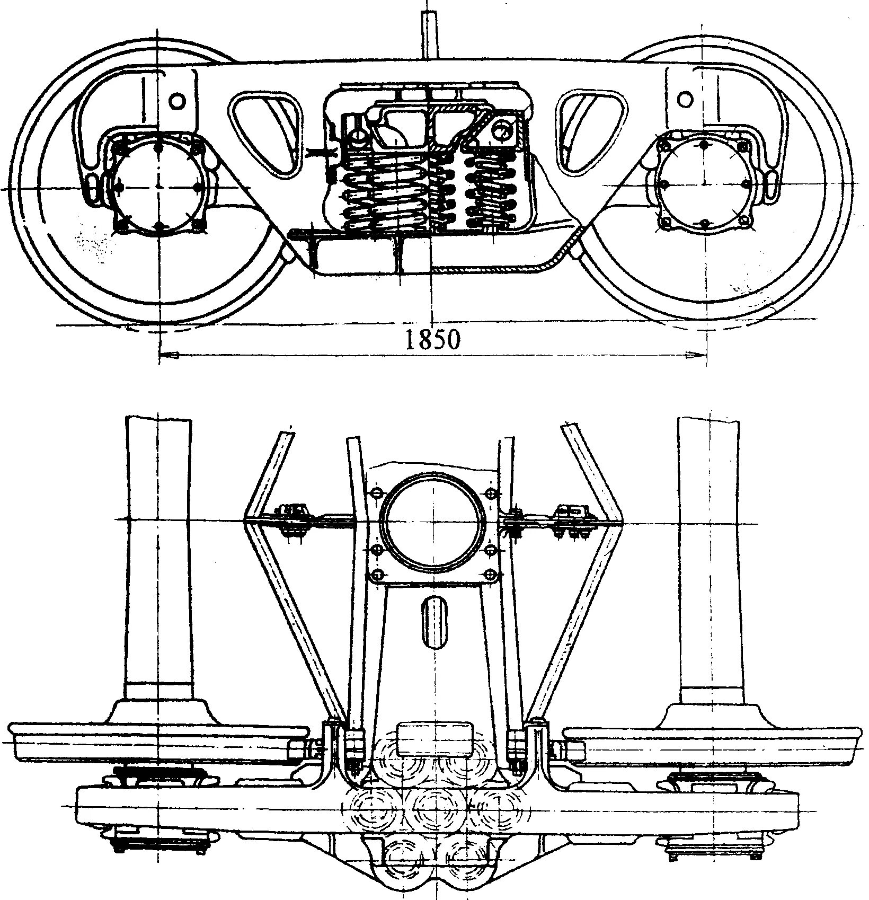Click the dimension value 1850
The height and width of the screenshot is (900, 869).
pyautogui.click(x=432, y=339)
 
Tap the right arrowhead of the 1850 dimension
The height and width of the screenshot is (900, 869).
pyautogui.click(x=697, y=355)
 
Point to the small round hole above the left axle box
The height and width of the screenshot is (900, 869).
pyautogui.click(x=177, y=100)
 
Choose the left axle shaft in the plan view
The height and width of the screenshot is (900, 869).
pyautogui.click(x=158, y=557)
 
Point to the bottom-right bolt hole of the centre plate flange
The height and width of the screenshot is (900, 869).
pyautogui.click(x=491, y=575)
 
